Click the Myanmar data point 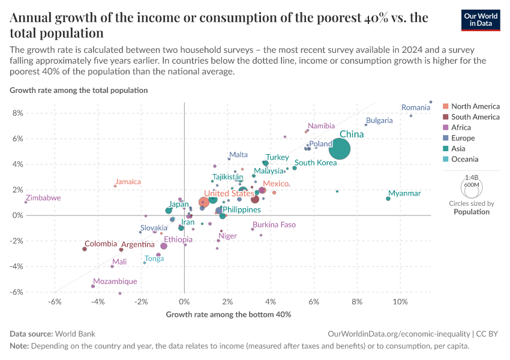click(388, 199)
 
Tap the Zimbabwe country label click(43, 198)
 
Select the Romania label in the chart click(416, 108)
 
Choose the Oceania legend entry click(464, 159)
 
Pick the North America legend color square click(445, 106)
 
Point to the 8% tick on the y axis click(17, 113)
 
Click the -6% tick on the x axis click(55, 301)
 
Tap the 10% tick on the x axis click(400, 301)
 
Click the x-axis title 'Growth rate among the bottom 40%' click(228, 314)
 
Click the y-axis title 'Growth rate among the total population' click(79, 90)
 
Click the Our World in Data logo click(480, 20)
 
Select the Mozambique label click(115, 281)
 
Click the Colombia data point click(85, 249)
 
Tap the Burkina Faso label click(274, 225)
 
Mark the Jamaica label click(128, 182)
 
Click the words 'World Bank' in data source click(75, 334)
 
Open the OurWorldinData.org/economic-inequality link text click(400, 334)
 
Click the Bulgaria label click(379, 121)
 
